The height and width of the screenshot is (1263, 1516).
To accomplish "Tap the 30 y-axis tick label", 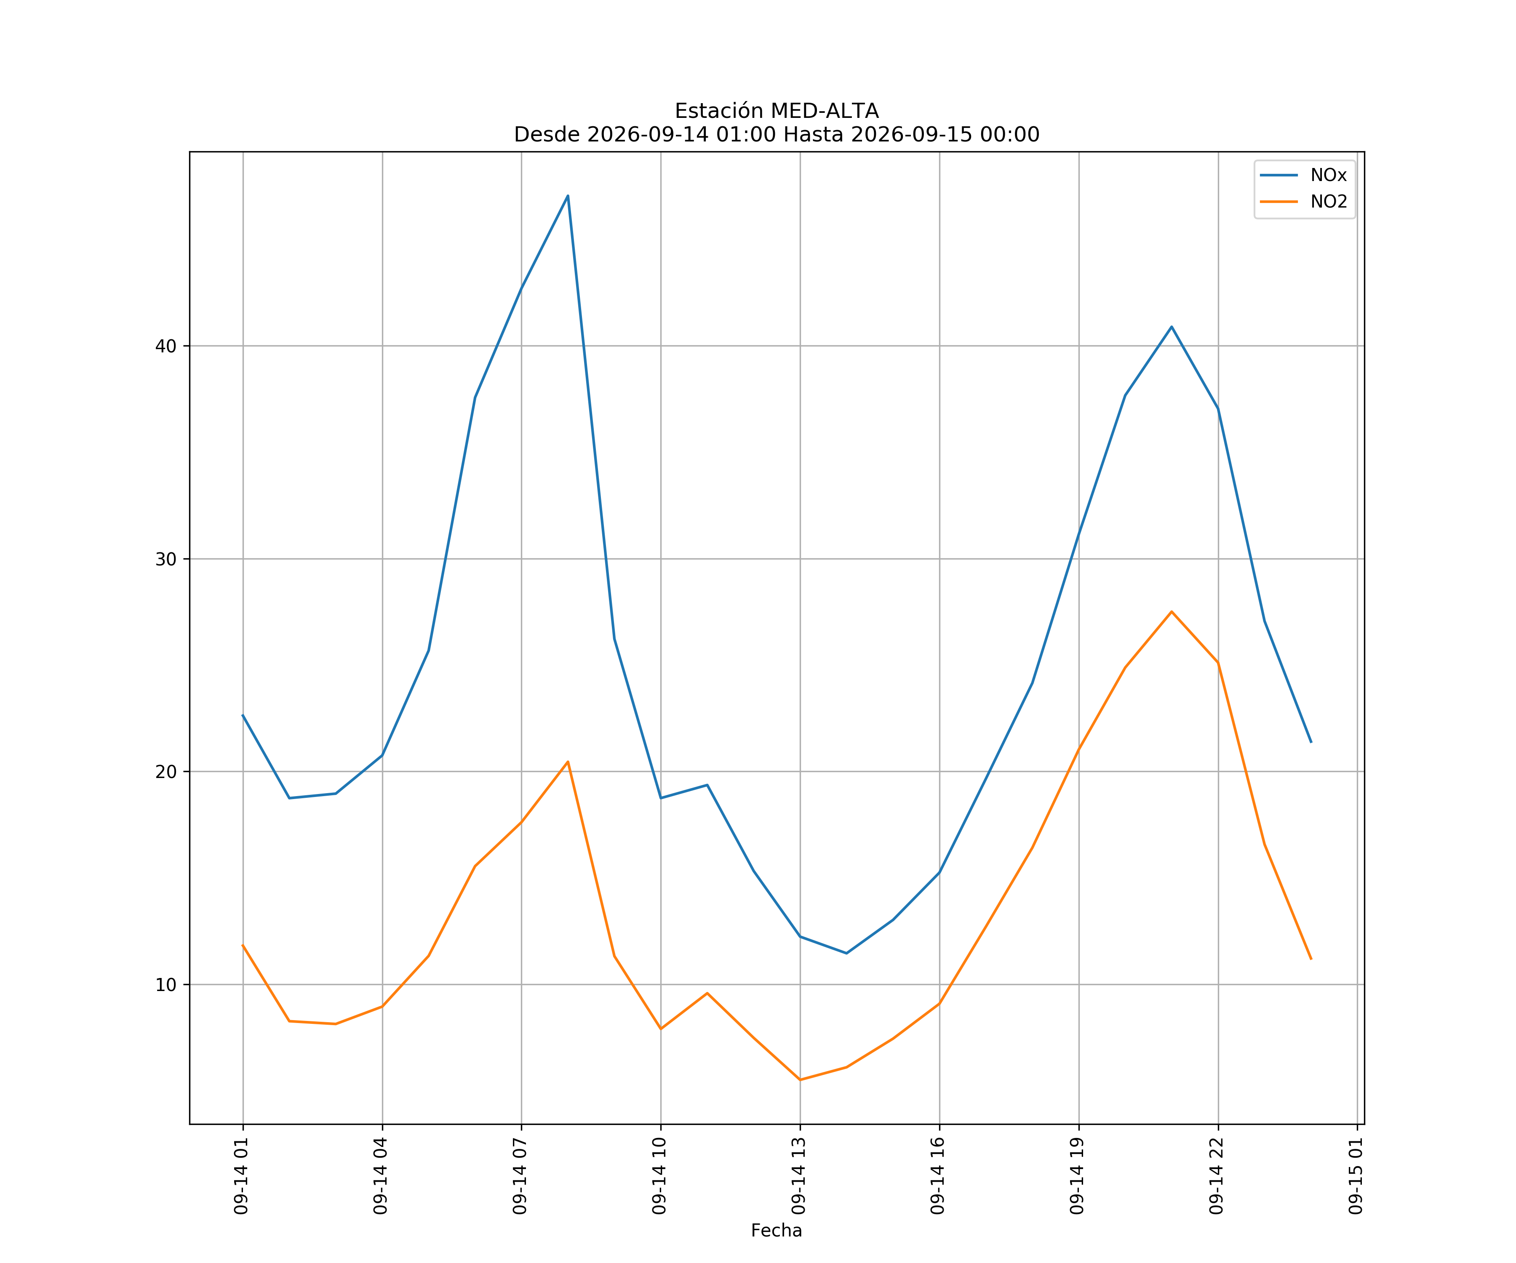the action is tap(166, 560).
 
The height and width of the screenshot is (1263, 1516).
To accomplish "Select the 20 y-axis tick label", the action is tap(166, 772).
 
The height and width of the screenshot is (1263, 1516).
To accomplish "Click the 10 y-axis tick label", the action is tap(166, 985).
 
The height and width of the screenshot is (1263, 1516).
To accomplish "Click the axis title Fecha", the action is tap(777, 1231).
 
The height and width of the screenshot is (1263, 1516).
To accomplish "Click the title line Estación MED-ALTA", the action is tap(777, 111).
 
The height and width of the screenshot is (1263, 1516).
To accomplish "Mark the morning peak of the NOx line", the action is tap(568, 196).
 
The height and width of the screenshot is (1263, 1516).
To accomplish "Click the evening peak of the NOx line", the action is tap(1172, 327).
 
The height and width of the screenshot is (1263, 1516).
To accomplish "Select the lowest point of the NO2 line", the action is tap(800, 1080).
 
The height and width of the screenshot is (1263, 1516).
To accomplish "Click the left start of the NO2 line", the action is tap(243, 946).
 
